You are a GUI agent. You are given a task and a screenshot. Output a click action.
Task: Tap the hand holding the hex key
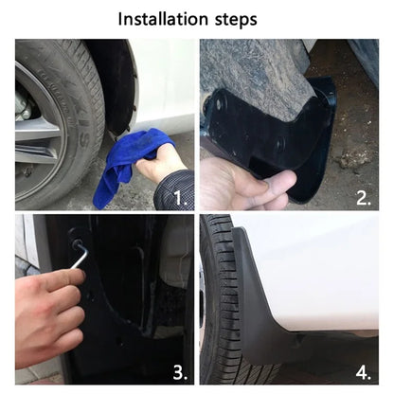[x=47, y=303]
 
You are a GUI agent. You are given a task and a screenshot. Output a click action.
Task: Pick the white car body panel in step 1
[x=166, y=85]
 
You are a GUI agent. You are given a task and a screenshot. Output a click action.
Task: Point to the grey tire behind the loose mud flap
[x=251, y=66]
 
